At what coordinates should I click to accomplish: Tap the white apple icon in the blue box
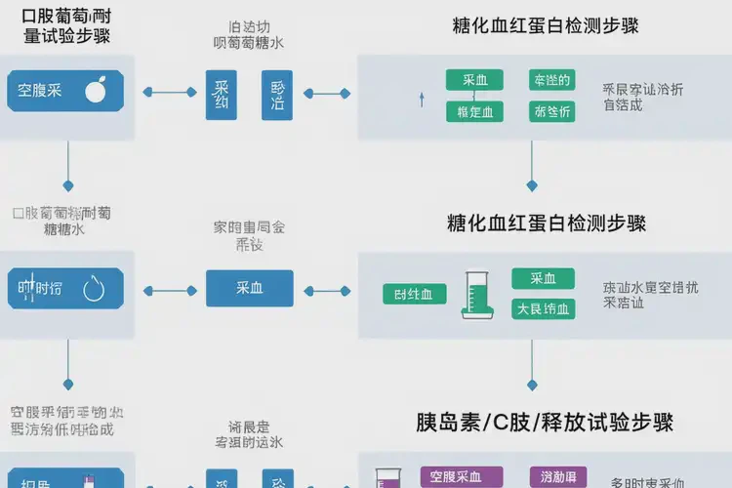click(x=96, y=91)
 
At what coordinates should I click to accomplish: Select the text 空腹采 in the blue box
click(x=40, y=91)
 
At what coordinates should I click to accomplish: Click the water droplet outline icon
click(x=96, y=288)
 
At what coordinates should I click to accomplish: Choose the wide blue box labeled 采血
click(x=249, y=288)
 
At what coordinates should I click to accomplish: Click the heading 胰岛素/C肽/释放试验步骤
click(x=545, y=423)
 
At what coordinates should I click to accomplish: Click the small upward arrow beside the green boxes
click(x=422, y=98)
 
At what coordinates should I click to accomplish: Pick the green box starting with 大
click(x=544, y=309)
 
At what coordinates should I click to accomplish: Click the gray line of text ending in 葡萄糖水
click(x=249, y=43)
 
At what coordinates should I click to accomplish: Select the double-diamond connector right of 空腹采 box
click(x=169, y=93)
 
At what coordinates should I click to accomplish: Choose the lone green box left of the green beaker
click(x=414, y=294)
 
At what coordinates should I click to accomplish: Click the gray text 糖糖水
click(x=64, y=230)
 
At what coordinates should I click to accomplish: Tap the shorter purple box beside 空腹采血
click(x=556, y=475)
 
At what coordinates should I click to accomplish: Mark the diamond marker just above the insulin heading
click(x=532, y=384)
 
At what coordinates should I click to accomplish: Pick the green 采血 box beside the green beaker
click(x=544, y=278)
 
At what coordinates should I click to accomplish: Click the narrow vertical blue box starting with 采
click(x=221, y=94)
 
